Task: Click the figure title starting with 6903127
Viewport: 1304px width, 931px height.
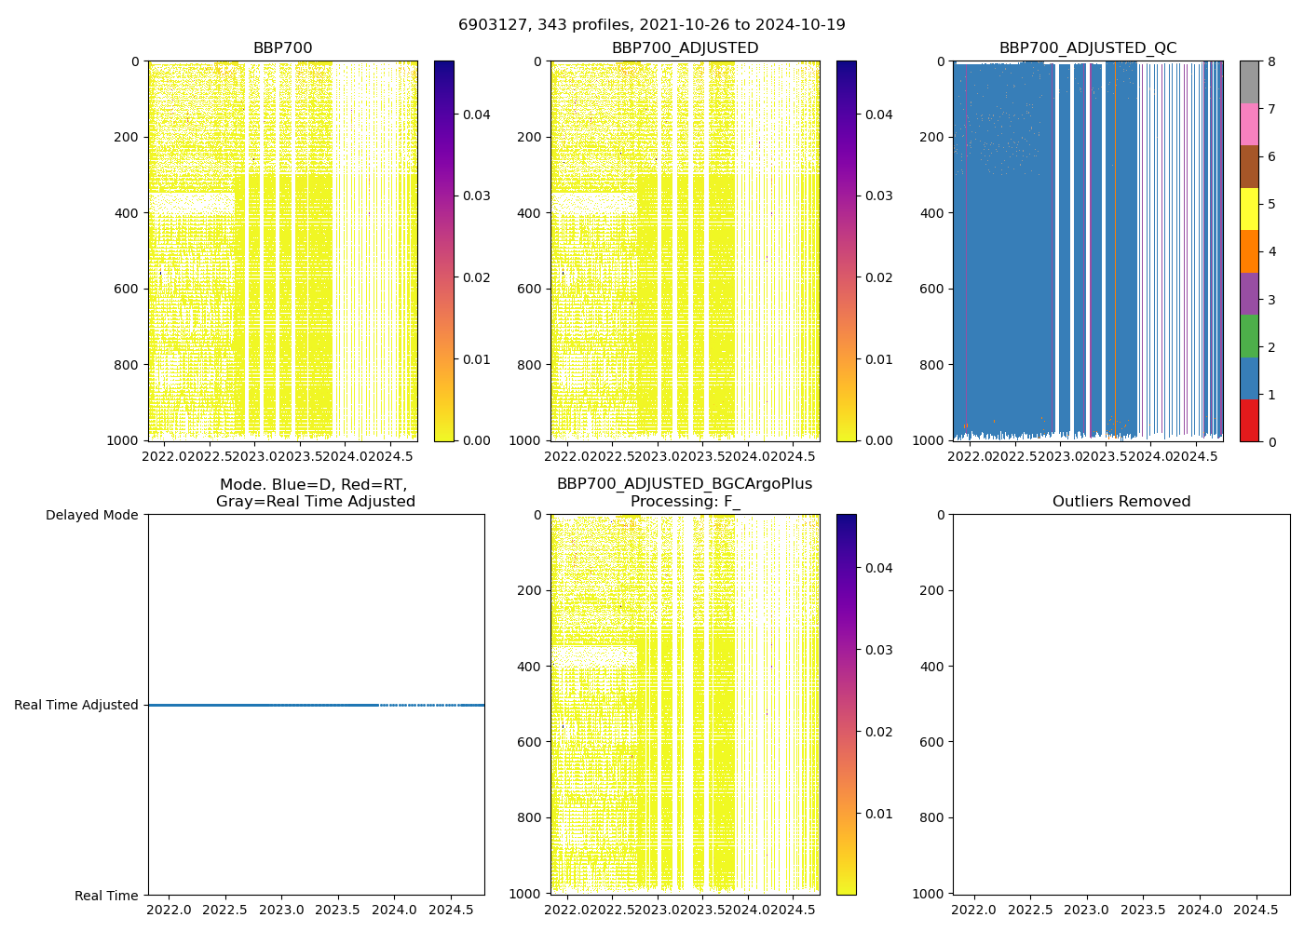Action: (651, 25)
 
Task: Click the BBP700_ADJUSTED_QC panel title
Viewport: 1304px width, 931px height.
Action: (1087, 48)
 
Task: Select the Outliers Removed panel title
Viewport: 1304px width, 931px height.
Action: (1121, 502)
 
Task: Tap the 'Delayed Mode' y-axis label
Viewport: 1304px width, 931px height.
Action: (91, 515)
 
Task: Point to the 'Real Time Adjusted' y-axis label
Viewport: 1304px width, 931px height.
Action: (76, 705)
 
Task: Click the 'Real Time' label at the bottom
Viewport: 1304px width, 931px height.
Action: (106, 896)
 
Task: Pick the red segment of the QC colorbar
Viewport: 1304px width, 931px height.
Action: (1249, 420)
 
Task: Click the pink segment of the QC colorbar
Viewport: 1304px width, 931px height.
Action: (1249, 124)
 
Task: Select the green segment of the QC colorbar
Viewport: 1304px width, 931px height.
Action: (1249, 335)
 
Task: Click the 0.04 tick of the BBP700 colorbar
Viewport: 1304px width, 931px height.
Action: (477, 115)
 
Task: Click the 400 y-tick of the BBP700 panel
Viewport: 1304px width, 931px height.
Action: (129, 213)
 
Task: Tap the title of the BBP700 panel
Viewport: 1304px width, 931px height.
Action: (282, 48)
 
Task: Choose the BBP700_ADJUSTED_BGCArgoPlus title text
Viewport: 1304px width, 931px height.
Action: (685, 484)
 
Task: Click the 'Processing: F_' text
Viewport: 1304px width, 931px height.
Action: (685, 502)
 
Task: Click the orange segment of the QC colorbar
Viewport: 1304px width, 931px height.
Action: (1249, 251)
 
